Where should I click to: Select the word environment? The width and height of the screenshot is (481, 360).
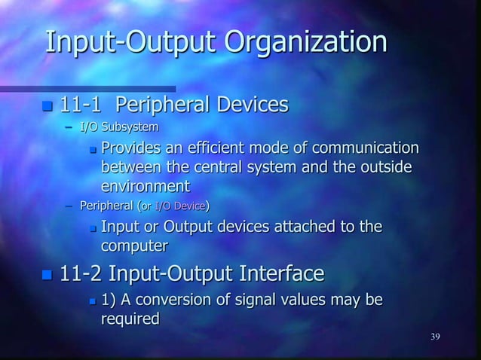[146, 185]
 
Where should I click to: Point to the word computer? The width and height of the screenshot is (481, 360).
[134, 246]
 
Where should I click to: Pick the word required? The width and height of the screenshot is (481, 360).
[130, 319]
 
